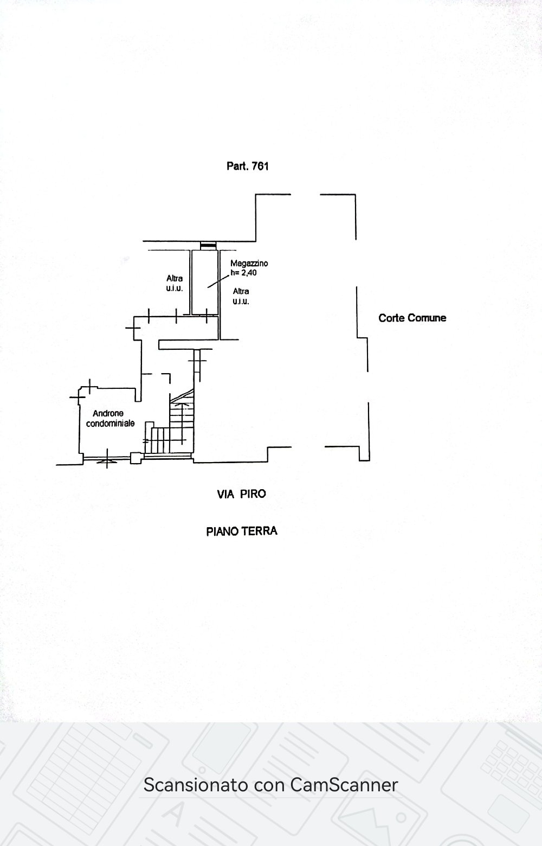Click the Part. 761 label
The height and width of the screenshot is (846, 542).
point(248,166)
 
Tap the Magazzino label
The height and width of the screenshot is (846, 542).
point(249,263)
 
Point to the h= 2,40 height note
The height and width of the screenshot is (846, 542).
point(244,272)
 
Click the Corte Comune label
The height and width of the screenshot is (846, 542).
point(412,318)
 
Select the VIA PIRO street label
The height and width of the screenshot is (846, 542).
point(242,494)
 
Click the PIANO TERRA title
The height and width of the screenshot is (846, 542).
point(242,531)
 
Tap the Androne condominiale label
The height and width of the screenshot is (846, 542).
point(110,419)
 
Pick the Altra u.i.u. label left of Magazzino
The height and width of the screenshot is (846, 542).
point(175,283)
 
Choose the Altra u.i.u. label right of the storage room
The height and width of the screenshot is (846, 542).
point(241,296)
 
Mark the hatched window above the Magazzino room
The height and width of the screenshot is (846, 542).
point(208,246)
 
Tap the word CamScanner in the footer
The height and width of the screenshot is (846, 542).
point(344,785)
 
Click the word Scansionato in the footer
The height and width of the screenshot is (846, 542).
point(196,785)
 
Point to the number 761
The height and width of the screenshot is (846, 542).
point(260,166)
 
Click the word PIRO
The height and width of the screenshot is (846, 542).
point(253,494)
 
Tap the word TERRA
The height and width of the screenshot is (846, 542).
point(260,531)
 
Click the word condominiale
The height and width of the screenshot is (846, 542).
point(110,424)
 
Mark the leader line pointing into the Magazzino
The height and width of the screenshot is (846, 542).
point(218,281)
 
